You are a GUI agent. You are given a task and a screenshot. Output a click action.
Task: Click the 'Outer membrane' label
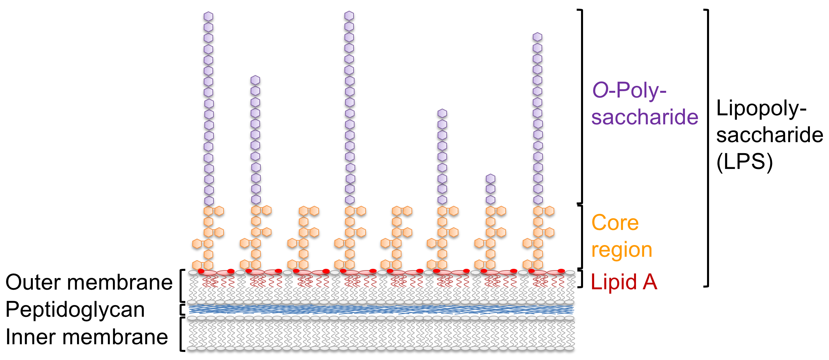89,282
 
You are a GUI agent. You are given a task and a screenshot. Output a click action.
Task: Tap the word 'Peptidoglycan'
75,309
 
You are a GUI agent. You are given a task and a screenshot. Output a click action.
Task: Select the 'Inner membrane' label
87,337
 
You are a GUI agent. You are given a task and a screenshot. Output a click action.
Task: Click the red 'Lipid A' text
624,282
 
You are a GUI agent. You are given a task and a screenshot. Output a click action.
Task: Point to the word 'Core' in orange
615,223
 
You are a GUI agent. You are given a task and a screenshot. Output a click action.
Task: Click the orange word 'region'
622,250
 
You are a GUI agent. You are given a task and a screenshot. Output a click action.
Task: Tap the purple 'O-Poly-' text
629,91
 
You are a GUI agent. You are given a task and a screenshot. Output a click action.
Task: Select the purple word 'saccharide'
644,117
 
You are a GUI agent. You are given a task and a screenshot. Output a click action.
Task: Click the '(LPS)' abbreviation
744,162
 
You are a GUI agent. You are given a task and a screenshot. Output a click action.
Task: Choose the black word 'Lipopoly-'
761,109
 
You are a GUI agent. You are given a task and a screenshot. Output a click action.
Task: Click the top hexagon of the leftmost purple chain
208,16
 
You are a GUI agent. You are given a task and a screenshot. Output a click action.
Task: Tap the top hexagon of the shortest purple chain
491,179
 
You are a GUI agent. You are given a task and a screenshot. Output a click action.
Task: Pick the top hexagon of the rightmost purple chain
537,37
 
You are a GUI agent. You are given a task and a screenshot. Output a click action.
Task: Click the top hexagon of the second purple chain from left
255,80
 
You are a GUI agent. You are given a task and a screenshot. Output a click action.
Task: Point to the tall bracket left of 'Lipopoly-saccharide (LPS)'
707,147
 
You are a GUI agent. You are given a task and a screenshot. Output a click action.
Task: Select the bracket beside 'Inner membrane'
182,334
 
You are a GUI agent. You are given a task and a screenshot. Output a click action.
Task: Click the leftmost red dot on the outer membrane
201,271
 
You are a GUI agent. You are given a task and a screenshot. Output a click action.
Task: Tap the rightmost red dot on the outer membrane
561,271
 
